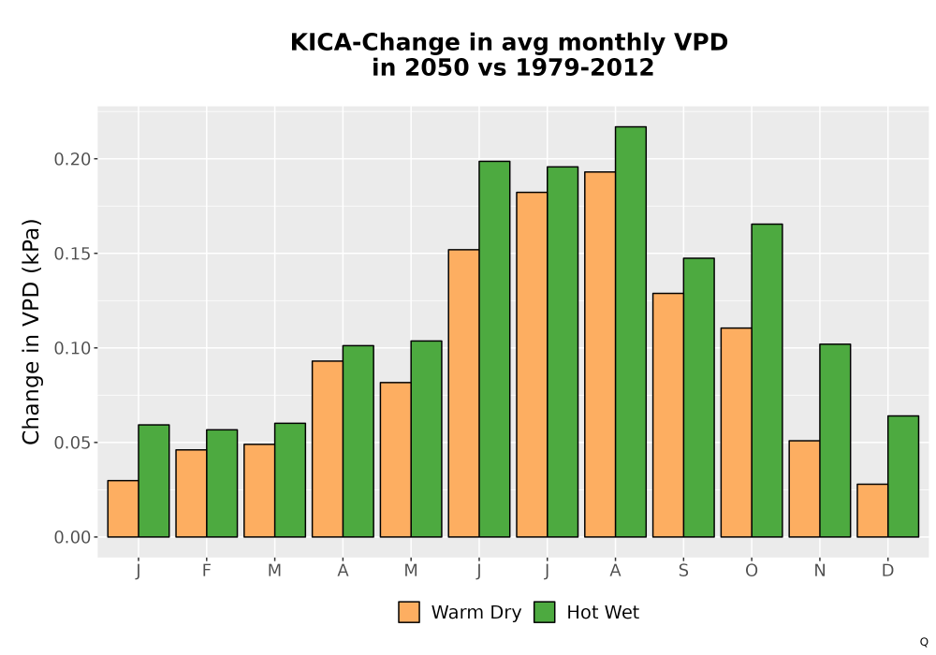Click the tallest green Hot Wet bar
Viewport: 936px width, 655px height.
pos(630,331)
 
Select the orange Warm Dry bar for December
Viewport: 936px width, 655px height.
pos(872,511)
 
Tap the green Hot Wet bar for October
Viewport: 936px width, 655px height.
pos(768,381)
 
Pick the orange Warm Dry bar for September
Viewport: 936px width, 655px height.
pos(668,415)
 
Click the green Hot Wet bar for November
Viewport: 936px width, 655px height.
pos(835,440)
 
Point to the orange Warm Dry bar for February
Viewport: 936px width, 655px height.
pos(191,493)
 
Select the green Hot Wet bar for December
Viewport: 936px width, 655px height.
pos(903,476)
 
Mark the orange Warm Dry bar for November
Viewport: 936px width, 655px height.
pos(804,488)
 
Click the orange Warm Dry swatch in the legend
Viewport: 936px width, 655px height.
pos(409,612)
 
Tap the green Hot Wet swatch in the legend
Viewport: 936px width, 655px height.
pos(545,612)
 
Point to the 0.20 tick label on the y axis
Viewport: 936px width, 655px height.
pos(73,159)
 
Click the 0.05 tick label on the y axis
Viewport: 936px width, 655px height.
pos(73,443)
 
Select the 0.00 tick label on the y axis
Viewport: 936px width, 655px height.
pos(73,537)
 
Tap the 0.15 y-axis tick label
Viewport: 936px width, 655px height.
pos(73,254)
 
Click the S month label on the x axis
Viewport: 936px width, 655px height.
pos(683,571)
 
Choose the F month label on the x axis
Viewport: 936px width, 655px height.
pos(207,571)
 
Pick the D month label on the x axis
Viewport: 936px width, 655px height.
pos(888,571)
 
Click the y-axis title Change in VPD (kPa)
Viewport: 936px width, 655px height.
pos(31,332)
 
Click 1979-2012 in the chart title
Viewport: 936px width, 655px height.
pos(584,67)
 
